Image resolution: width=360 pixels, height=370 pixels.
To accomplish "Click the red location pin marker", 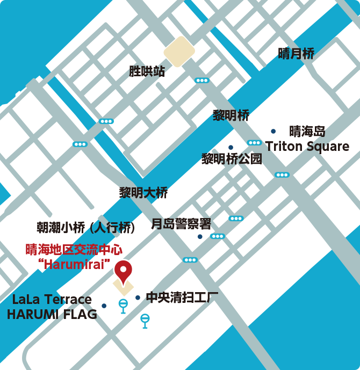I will (x=124, y=270).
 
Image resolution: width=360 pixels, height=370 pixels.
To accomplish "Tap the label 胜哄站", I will (x=147, y=71).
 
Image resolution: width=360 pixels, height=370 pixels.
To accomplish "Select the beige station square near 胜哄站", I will (x=179, y=52).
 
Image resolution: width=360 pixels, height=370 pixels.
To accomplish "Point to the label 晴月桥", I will (x=296, y=53).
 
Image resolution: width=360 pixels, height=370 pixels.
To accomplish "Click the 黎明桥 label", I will (x=231, y=115).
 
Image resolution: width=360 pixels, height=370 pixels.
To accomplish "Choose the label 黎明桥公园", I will (x=232, y=158).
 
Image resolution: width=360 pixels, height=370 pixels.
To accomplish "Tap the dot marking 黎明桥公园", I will (x=231, y=147).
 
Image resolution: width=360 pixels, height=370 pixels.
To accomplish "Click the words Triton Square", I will (x=307, y=146).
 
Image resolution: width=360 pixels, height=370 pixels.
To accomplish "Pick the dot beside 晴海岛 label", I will (x=273, y=131).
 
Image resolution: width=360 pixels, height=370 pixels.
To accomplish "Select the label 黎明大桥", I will (x=143, y=193).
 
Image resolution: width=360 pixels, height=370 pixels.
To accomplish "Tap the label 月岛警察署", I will (x=181, y=223).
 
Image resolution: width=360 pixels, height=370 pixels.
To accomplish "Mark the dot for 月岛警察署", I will (x=200, y=236).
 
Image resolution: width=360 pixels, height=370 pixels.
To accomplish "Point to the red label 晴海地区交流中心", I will (x=74, y=250).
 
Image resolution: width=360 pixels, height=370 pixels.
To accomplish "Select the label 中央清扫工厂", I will (x=182, y=297).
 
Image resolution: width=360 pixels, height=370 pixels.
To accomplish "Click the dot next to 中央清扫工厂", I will (x=138, y=298).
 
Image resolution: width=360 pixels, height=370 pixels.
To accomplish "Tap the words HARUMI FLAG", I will (x=52, y=315).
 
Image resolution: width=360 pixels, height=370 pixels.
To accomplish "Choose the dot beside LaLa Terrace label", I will (x=104, y=306).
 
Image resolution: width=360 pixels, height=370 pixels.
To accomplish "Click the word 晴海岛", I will (x=307, y=131).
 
